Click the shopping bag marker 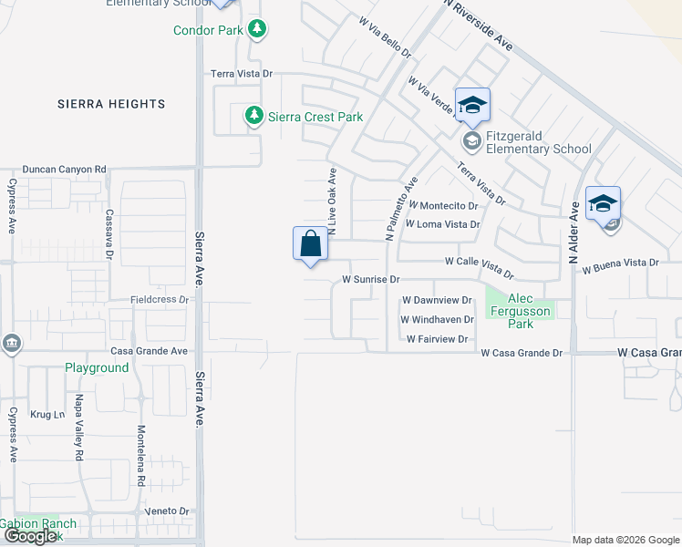coord(310,245)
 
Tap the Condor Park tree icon coord(258,30)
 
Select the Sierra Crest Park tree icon coord(253,116)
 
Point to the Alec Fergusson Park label coord(521,311)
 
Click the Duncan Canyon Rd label coord(65,169)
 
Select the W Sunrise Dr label coord(372,279)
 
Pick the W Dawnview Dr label coord(438,300)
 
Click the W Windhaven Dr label coord(438,320)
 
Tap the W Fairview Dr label coord(438,339)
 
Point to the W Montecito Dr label coord(444,206)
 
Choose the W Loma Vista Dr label coord(442,223)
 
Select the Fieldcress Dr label coord(160,299)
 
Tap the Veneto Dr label coord(171,511)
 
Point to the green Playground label coord(97,367)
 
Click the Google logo coord(31,537)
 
